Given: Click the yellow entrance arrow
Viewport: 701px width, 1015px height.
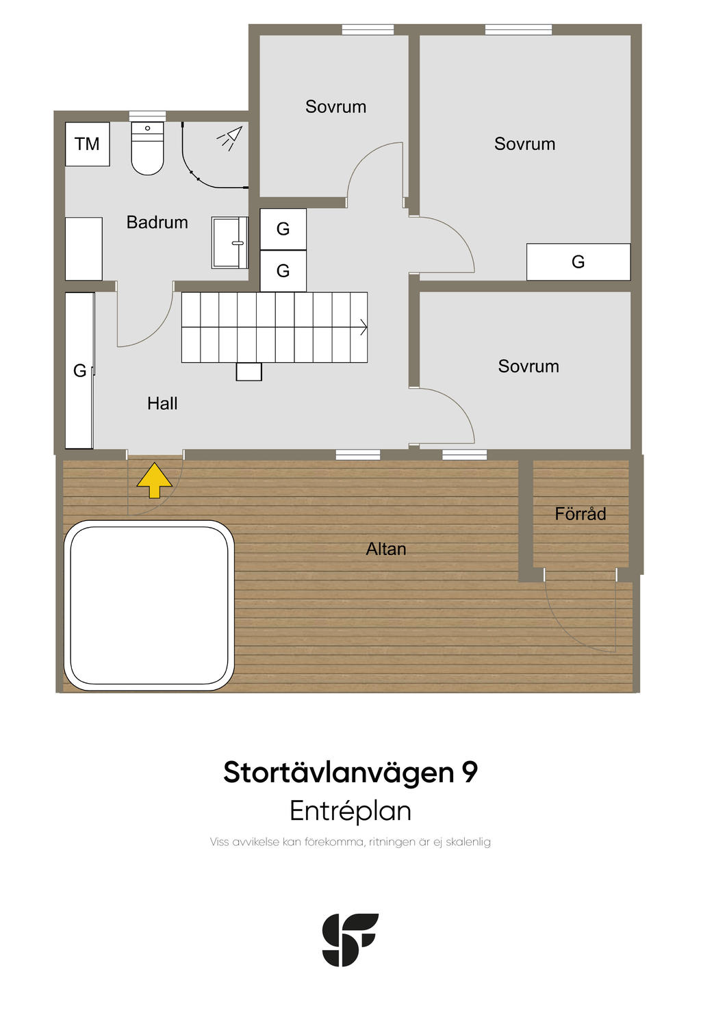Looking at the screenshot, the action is coord(154,480).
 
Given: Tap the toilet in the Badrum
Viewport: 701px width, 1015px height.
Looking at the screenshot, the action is coord(147,148).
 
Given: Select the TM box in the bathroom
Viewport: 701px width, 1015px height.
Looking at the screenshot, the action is coord(88,144).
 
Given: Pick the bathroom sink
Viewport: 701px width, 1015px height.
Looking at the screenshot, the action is coord(230,242).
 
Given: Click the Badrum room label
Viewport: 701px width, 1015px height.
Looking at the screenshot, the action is coord(157,222).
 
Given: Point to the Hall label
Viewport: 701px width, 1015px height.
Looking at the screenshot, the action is coord(162,403).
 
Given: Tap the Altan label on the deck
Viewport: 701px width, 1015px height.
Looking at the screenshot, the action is coord(385,549).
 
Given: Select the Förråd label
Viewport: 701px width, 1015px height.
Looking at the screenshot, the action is coord(580,513).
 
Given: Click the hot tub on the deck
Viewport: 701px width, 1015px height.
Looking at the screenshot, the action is coord(149,606).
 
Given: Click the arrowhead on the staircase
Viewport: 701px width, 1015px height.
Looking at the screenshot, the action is coord(364,326).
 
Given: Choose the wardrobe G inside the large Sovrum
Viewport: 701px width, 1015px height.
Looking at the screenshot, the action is coord(578,262).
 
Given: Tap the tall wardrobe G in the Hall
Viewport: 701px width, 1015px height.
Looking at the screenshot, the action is coord(79,371).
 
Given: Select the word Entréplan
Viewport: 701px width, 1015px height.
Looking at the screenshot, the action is coord(350,810).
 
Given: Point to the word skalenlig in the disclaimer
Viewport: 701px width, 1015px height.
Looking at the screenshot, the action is coord(468,842).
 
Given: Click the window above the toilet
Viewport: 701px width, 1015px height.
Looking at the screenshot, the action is coord(147,116).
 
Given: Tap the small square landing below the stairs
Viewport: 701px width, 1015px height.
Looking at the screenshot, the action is coord(248,372).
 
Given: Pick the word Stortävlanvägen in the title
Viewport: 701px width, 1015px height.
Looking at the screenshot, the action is coord(338,773).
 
